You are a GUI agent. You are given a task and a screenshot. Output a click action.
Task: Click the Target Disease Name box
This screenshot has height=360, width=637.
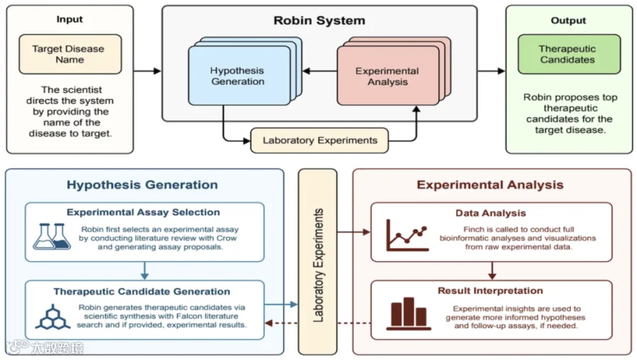(x=70, y=54)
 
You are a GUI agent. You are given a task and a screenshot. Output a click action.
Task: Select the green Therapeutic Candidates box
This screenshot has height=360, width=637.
(x=569, y=54)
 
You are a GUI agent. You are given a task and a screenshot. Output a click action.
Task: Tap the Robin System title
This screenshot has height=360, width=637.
(x=319, y=21)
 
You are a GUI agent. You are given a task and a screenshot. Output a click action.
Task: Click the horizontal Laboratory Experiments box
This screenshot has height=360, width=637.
(x=319, y=141)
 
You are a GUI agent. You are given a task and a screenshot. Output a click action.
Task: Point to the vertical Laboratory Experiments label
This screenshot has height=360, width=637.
(x=318, y=265)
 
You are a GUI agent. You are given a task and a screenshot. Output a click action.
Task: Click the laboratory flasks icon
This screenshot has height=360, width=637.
(x=52, y=236)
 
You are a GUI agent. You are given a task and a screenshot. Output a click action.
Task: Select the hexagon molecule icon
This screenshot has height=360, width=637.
(x=52, y=317)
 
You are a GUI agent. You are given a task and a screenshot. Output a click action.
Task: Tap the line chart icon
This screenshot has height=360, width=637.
(x=407, y=236)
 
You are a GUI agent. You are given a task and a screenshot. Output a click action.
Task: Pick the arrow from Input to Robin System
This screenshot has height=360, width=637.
(x=147, y=71)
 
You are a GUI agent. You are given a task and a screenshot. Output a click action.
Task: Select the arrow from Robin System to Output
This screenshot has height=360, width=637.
(x=491, y=71)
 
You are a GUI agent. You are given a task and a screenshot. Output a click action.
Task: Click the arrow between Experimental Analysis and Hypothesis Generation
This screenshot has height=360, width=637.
(x=320, y=71)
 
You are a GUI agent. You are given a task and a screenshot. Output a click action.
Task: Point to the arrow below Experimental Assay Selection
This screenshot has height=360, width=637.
(x=144, y=271)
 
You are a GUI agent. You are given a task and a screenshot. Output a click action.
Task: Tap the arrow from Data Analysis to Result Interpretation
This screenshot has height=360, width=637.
(x=492, y=271)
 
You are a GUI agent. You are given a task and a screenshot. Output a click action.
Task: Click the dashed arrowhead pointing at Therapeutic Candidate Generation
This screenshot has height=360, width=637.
(x=269, y=323)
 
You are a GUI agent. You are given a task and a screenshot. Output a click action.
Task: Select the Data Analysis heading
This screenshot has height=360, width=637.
(x=490, y=213)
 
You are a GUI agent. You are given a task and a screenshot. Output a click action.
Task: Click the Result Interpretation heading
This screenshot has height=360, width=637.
(x=490, y=291)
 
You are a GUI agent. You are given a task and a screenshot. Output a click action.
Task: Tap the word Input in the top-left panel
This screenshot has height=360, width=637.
(x=69, y=19)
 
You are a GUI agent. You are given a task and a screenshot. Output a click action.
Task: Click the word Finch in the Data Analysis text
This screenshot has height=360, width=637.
(x=474, y=229)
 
